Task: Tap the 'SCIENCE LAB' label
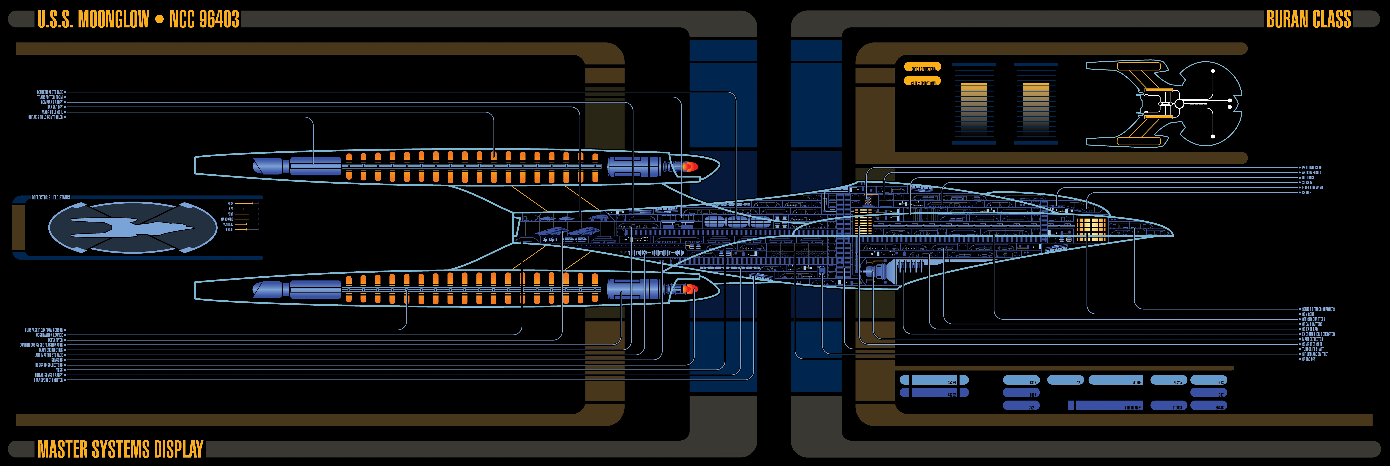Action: point(1310,329)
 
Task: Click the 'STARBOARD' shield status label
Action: point(227,219)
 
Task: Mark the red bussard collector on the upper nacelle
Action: point(689,167)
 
